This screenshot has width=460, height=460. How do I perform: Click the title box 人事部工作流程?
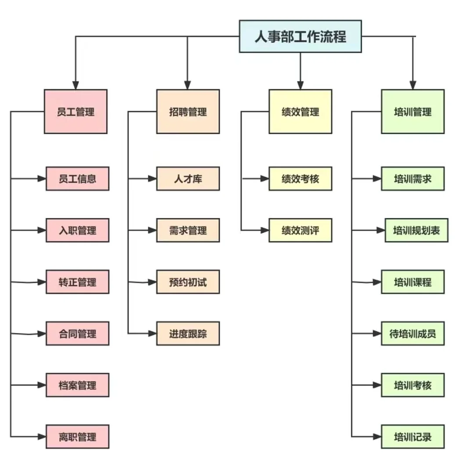point(300,36)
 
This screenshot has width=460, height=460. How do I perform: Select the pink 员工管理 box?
point(76,112)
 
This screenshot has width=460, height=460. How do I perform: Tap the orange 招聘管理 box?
point(188,112)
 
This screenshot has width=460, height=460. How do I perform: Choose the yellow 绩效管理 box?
point(301,112)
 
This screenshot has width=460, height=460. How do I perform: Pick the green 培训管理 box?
point(413,112)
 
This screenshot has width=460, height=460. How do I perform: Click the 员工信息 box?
point(77,179)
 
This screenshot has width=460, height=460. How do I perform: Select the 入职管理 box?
point(77,230)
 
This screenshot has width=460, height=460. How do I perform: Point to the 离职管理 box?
point(77,437)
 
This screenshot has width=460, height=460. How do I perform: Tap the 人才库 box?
point(188,179)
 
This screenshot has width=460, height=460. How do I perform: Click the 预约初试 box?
point(188,282)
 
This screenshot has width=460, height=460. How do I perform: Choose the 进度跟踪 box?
point(188,333)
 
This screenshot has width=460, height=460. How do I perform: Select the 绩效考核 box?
point(301,179)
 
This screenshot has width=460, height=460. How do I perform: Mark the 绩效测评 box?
point(301,230)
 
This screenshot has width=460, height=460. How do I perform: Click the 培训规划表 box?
point(416,230)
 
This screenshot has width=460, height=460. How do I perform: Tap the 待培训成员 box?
point(413,333)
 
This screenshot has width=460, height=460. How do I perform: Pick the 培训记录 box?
point(413,437)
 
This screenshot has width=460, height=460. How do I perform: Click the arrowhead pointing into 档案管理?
point(42,385)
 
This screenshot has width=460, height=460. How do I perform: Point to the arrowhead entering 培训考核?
point(377,385)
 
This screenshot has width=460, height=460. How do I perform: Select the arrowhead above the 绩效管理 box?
point(301,85)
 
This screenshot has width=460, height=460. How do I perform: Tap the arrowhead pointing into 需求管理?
point(153,230)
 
